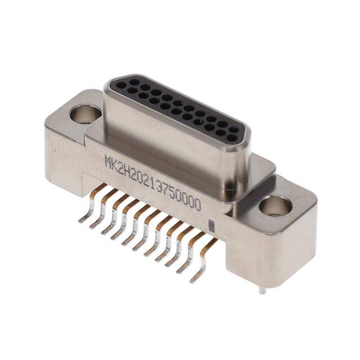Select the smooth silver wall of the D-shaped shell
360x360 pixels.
click(x=169, y=141)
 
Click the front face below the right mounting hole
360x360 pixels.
click(x=264, y=253)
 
